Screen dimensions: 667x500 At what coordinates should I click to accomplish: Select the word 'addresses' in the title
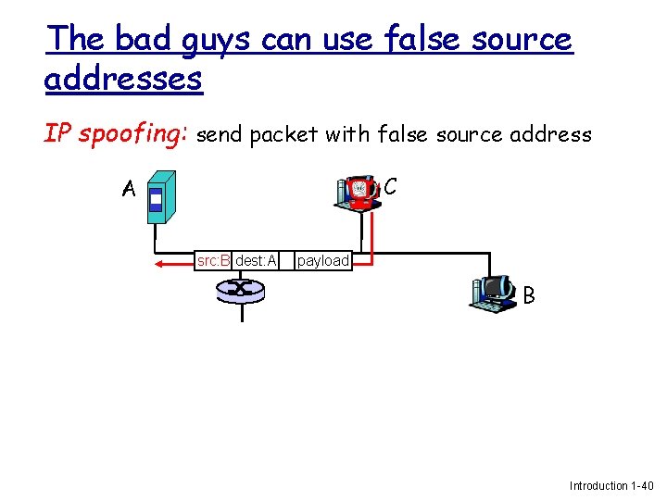(x=123, y=79)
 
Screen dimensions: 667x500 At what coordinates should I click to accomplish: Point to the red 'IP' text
(x=57, y=134)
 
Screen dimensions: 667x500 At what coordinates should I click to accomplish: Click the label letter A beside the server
(x=128, y=190)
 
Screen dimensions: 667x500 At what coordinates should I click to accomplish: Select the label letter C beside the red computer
(x=390, y=187)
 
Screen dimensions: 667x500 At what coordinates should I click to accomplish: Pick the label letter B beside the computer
(x=529, y=296)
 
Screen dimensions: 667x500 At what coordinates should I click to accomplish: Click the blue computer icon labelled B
(x=494, y=293)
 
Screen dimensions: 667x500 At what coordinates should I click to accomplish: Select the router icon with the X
(x=241, y=291)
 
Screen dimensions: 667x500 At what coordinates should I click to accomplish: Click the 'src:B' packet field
(x=213, y=261)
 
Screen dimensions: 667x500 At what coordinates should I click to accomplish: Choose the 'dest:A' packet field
(x=256, y=261)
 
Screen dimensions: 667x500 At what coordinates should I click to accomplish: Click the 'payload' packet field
(x=323, y=261)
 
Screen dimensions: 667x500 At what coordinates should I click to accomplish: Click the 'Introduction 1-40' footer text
(x=611, y=485)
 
